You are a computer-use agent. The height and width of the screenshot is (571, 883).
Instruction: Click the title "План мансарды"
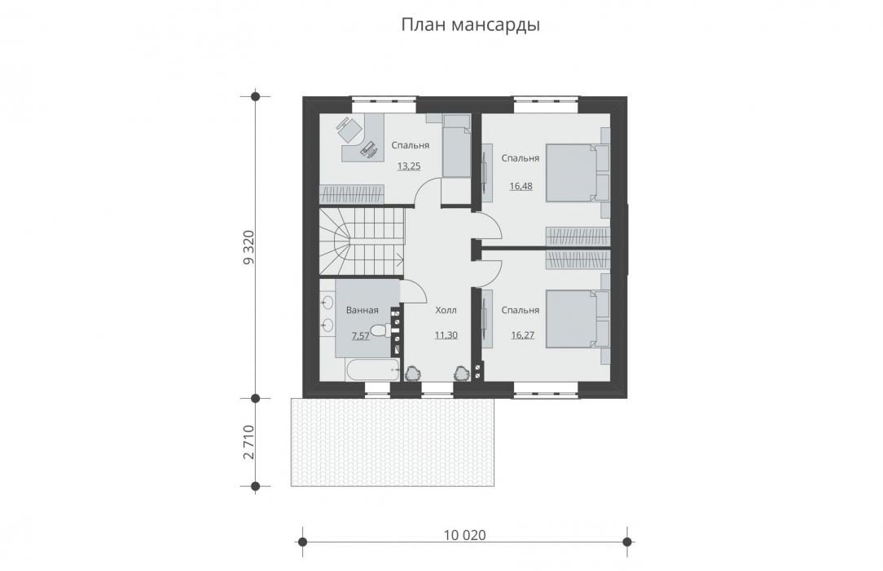pyautogui.click(x=470, y=25)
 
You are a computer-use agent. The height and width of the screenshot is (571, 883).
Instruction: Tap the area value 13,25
pyautogui.click(x=409, y=166)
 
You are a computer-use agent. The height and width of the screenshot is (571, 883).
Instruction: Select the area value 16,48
pyautogui.click(x=521, y=186)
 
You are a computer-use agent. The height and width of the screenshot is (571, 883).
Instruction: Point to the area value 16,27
pyautogui.click(x=523, y=334)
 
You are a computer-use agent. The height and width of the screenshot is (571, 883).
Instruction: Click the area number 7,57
pyautogui.click(x=360, y=336)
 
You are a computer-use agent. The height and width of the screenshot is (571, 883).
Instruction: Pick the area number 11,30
pyautogui.click(x=446, y=334)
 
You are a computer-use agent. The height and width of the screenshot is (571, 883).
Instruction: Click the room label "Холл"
pyautogui.click(x=446, y=311)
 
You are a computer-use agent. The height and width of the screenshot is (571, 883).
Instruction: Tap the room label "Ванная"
pyautogui.click(x=362, y=310)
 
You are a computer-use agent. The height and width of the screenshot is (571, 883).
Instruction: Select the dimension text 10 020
pyautogui.click(x=464, y=535)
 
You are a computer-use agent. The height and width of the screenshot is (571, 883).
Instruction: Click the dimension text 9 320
pyautogui.click(x=249, y=247)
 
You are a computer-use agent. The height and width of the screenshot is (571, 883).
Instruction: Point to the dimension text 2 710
pyautogui.click(x=249, y=442)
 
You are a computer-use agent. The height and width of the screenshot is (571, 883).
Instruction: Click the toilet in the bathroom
pyautogui.click(x=381, y=330)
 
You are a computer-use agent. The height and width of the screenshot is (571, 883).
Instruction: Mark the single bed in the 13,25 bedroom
pyautogui.click(x=455, y=147)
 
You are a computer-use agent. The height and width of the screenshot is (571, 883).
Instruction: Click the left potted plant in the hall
pyautogui.click(x=414, y=374)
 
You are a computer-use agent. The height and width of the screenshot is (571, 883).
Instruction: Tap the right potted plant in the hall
pyautogui.click(x=463, y=374)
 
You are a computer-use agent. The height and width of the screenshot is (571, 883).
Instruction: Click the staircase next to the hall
pyautogui.click(x=362, y=241)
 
